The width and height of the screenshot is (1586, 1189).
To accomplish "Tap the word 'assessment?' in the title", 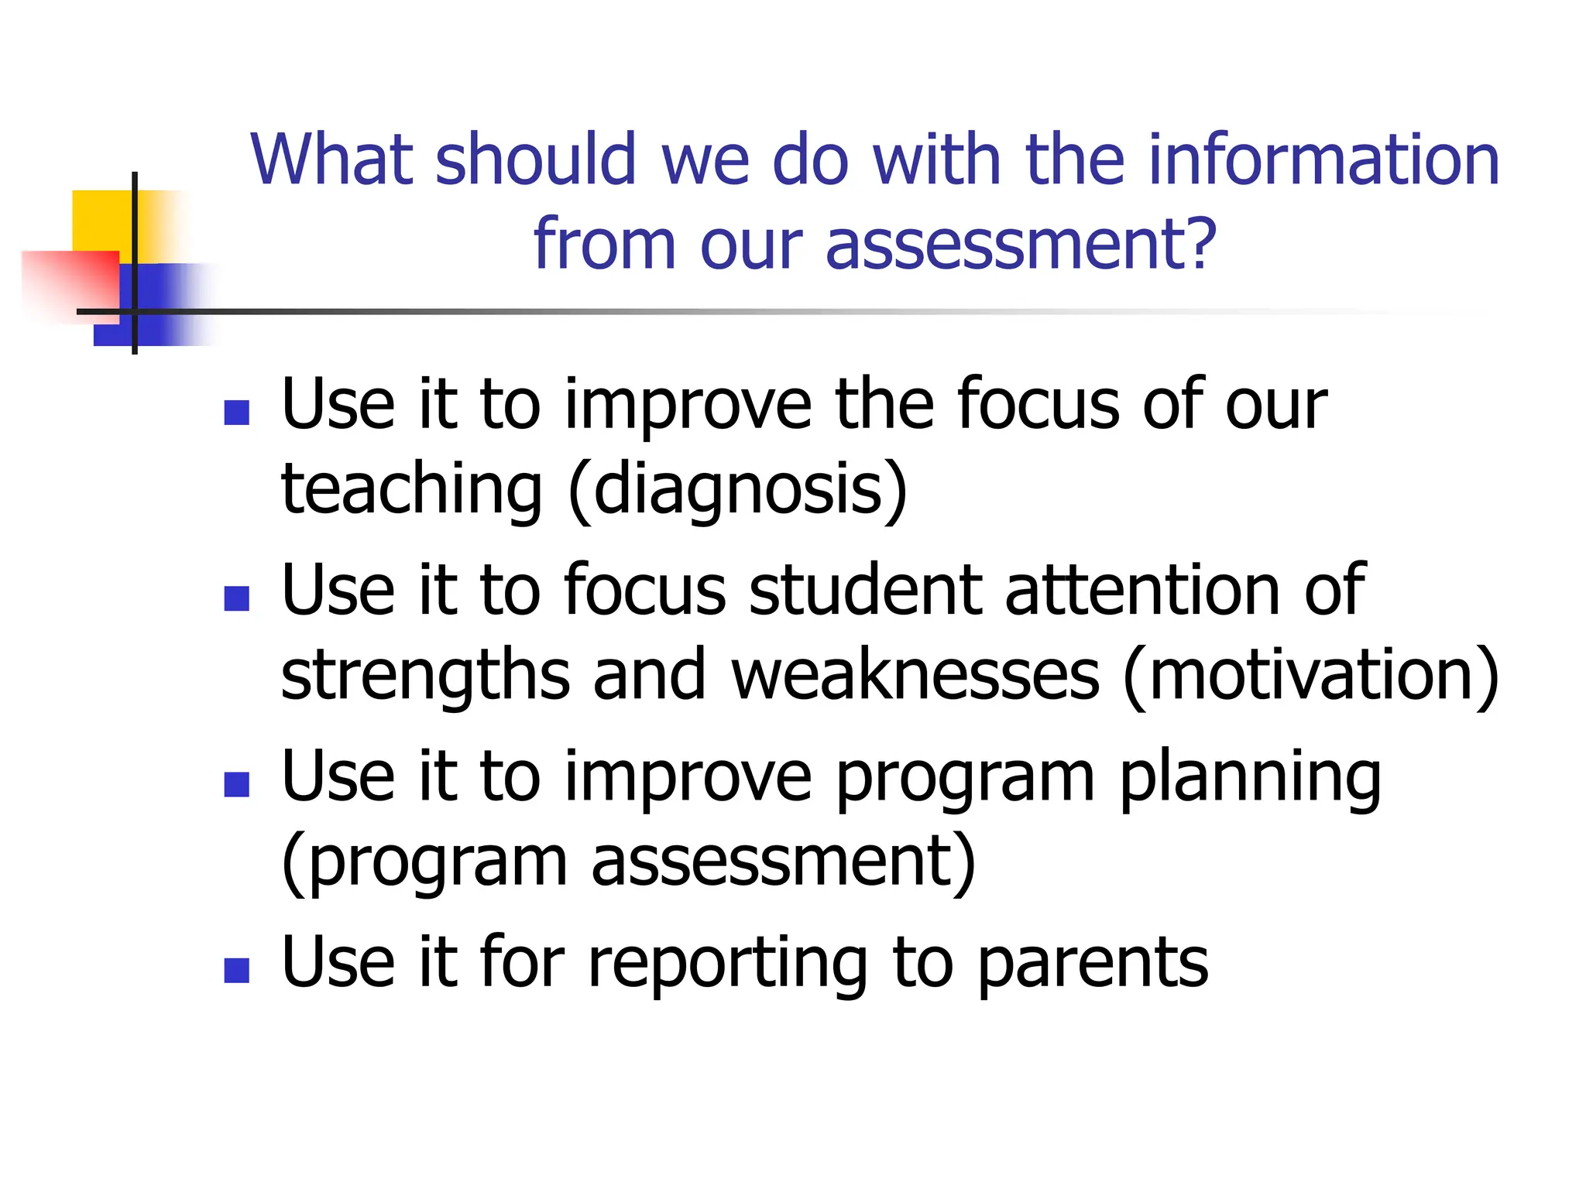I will tap(1021, 245).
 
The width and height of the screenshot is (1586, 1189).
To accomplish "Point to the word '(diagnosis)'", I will tap(738, 489).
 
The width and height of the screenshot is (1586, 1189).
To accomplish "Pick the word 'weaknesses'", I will tap(915, 675).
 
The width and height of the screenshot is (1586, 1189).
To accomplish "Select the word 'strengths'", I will tap(425, 675).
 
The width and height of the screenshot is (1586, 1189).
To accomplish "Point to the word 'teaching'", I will tap(411, 489).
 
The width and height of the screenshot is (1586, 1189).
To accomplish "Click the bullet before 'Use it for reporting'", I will tap(236, 970).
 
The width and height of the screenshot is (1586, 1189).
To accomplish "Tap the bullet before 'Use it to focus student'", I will tap(236, 598).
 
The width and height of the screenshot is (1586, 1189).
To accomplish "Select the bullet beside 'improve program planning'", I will tap(236, 784).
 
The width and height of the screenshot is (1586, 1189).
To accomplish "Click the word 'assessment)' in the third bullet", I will tap(783, 862).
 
